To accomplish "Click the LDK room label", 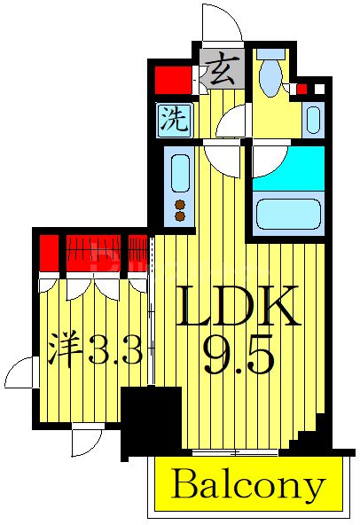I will pyautogui.click(x=238, y=308).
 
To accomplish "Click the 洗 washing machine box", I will pyautogui.click(x=174, y=119).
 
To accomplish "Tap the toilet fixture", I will pyautogui.click(x=270, y=74).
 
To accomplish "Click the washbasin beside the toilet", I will pyautogui.click(x=312, y=118).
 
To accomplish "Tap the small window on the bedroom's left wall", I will pyautogui.click(x=20, y=372).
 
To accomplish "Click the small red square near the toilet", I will pyautogui.click(x=301, y=89).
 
